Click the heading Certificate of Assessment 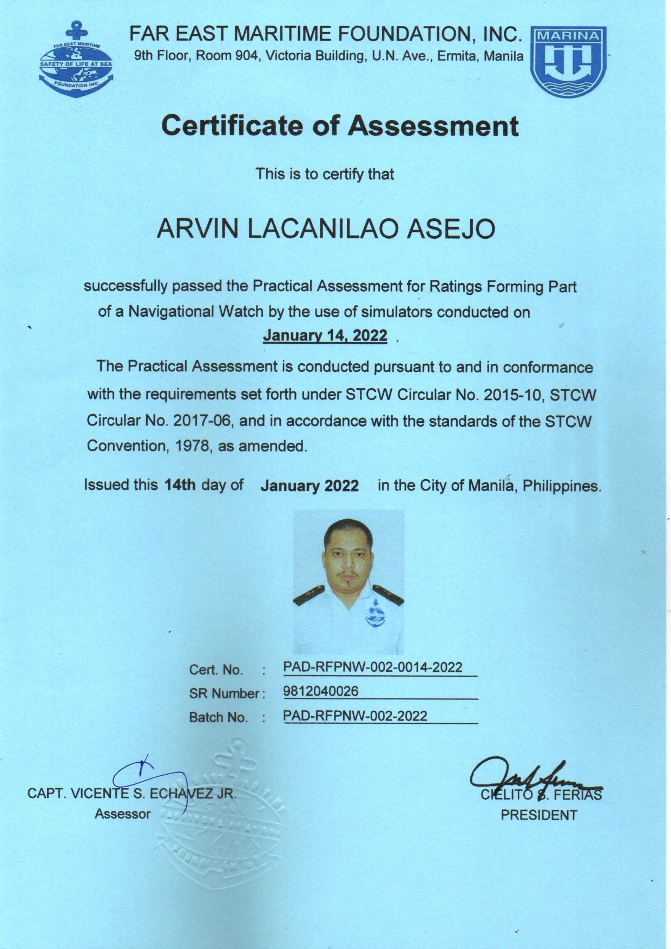point(340,126)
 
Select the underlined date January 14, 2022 point(325,336)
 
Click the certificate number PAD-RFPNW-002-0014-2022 point(373,667)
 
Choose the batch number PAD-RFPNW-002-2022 point(355,716)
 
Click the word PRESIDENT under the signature point(538,815)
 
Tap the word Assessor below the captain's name point(122,814)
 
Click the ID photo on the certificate point(348,582)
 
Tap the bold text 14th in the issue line point(180,485)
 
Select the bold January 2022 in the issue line point(310,486)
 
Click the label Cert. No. point(216,670)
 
